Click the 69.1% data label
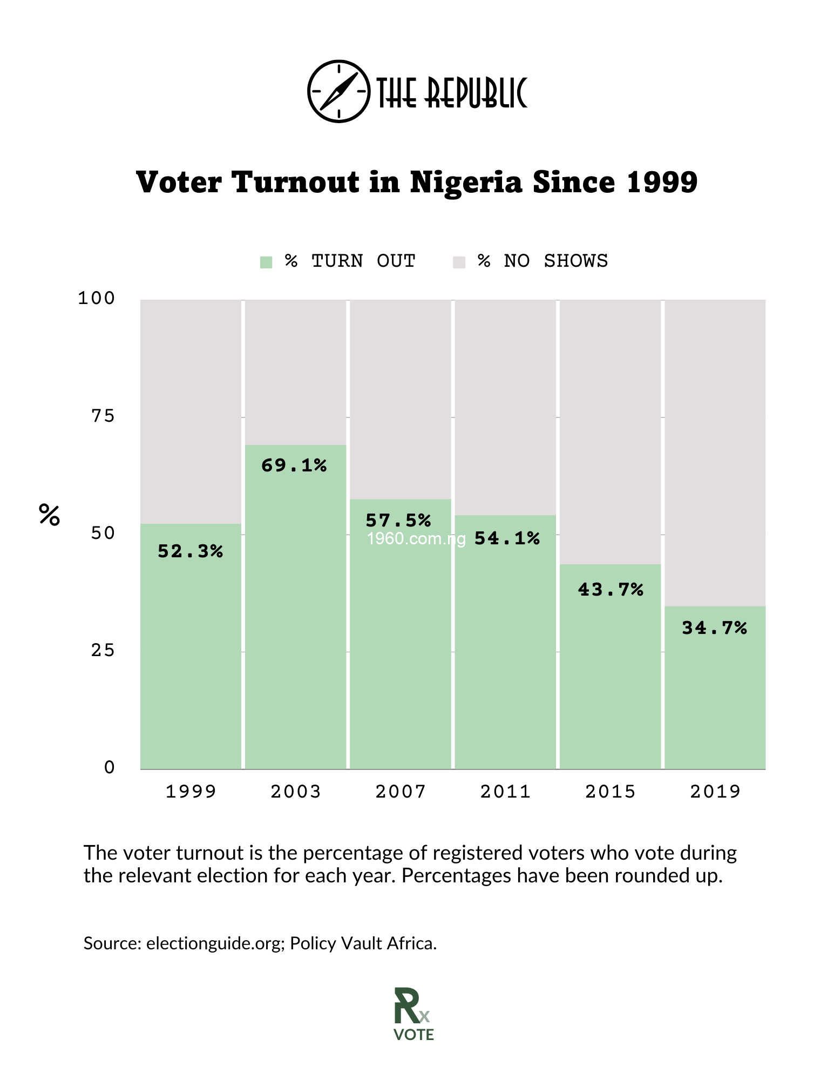pyautogui.click(x=294, y=465)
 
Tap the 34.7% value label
pyautogui.click(x=714, y=628)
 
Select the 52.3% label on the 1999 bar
pyautogui.click(x=190, y=551)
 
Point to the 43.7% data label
pyautogui.click(x=611, y=590)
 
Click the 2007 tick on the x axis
pyautogui.click(x=401, y=792)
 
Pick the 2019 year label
pyautogui.click(x=715, y=792)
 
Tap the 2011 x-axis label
pyautogui.click(x=505, y=792)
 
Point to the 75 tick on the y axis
pyautogui.click(x=103, y=416)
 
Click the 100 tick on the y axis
pyautogui.click(x=96, y=298)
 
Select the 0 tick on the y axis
pyautogui.click(x=110, y=767)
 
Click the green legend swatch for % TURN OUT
pyautogui.click(x=266, y=262)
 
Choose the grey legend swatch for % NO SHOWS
pyautogui.click(x=459, y=262)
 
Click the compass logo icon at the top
pyautogui.click(x=338, y=91)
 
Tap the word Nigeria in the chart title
pyautogui.click(x=466, y=182)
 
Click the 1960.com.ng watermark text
pyautogui.click(x=416, y=539)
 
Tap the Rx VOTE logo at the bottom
pyautogui.click(x=413, y=1014)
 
